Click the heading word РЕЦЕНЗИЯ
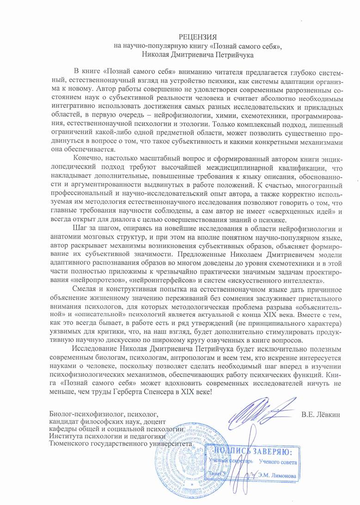pos(197,37)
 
